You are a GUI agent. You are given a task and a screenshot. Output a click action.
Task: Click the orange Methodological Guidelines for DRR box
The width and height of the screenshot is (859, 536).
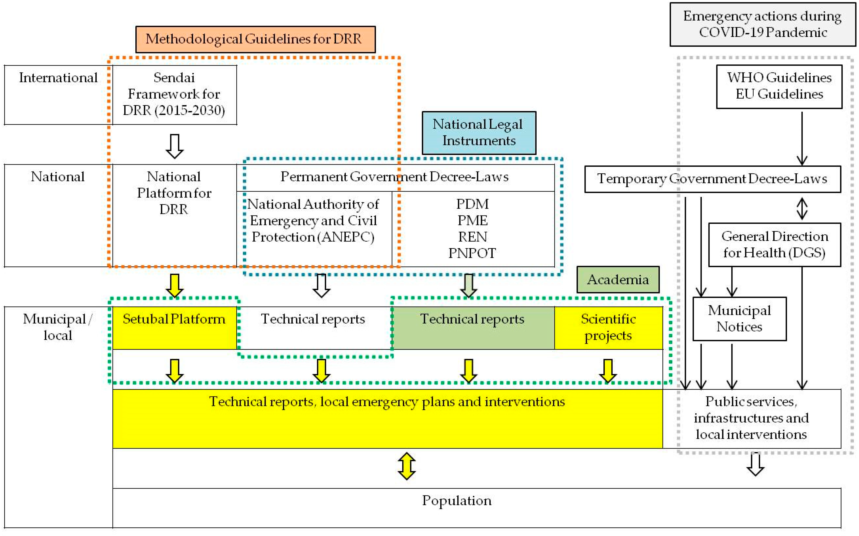(255, 39)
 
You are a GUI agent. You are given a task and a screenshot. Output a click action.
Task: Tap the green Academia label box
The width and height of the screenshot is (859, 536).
(618, 280)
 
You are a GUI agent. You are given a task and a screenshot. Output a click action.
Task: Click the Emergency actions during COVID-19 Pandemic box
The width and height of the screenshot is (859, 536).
(762, 24)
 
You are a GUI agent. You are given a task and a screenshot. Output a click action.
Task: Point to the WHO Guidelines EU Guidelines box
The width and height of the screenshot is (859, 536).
(779, 86)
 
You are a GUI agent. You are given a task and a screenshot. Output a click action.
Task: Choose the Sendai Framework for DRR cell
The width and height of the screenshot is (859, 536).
(174, 95)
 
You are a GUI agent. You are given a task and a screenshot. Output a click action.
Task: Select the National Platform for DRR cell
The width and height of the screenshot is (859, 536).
(174, 215)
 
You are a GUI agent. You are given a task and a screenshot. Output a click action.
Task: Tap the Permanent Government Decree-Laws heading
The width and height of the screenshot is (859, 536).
(394, 177)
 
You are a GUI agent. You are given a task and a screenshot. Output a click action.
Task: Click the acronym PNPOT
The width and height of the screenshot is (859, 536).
(472, 253)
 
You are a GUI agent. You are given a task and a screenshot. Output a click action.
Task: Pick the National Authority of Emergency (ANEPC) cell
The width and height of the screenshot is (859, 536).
(314, 229)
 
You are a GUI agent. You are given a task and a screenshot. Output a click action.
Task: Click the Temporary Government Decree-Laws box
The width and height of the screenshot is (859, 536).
(713, 179)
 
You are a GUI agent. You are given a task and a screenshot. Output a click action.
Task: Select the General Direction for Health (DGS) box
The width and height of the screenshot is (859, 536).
(775, 245)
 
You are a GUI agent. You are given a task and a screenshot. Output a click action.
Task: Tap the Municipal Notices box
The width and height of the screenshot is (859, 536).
(740, 319)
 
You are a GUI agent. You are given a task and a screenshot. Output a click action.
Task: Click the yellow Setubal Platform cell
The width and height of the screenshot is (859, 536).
(174, 328)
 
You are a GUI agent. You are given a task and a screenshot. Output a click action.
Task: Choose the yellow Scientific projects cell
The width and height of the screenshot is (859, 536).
(608, 328)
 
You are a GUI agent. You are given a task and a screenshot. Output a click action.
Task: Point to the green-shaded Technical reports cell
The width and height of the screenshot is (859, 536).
(473, 328)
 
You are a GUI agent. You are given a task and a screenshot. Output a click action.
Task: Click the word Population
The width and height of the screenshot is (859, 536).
(457, 500)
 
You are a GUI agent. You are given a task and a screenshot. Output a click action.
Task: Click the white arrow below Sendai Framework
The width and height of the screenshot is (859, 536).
(174, 146)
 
